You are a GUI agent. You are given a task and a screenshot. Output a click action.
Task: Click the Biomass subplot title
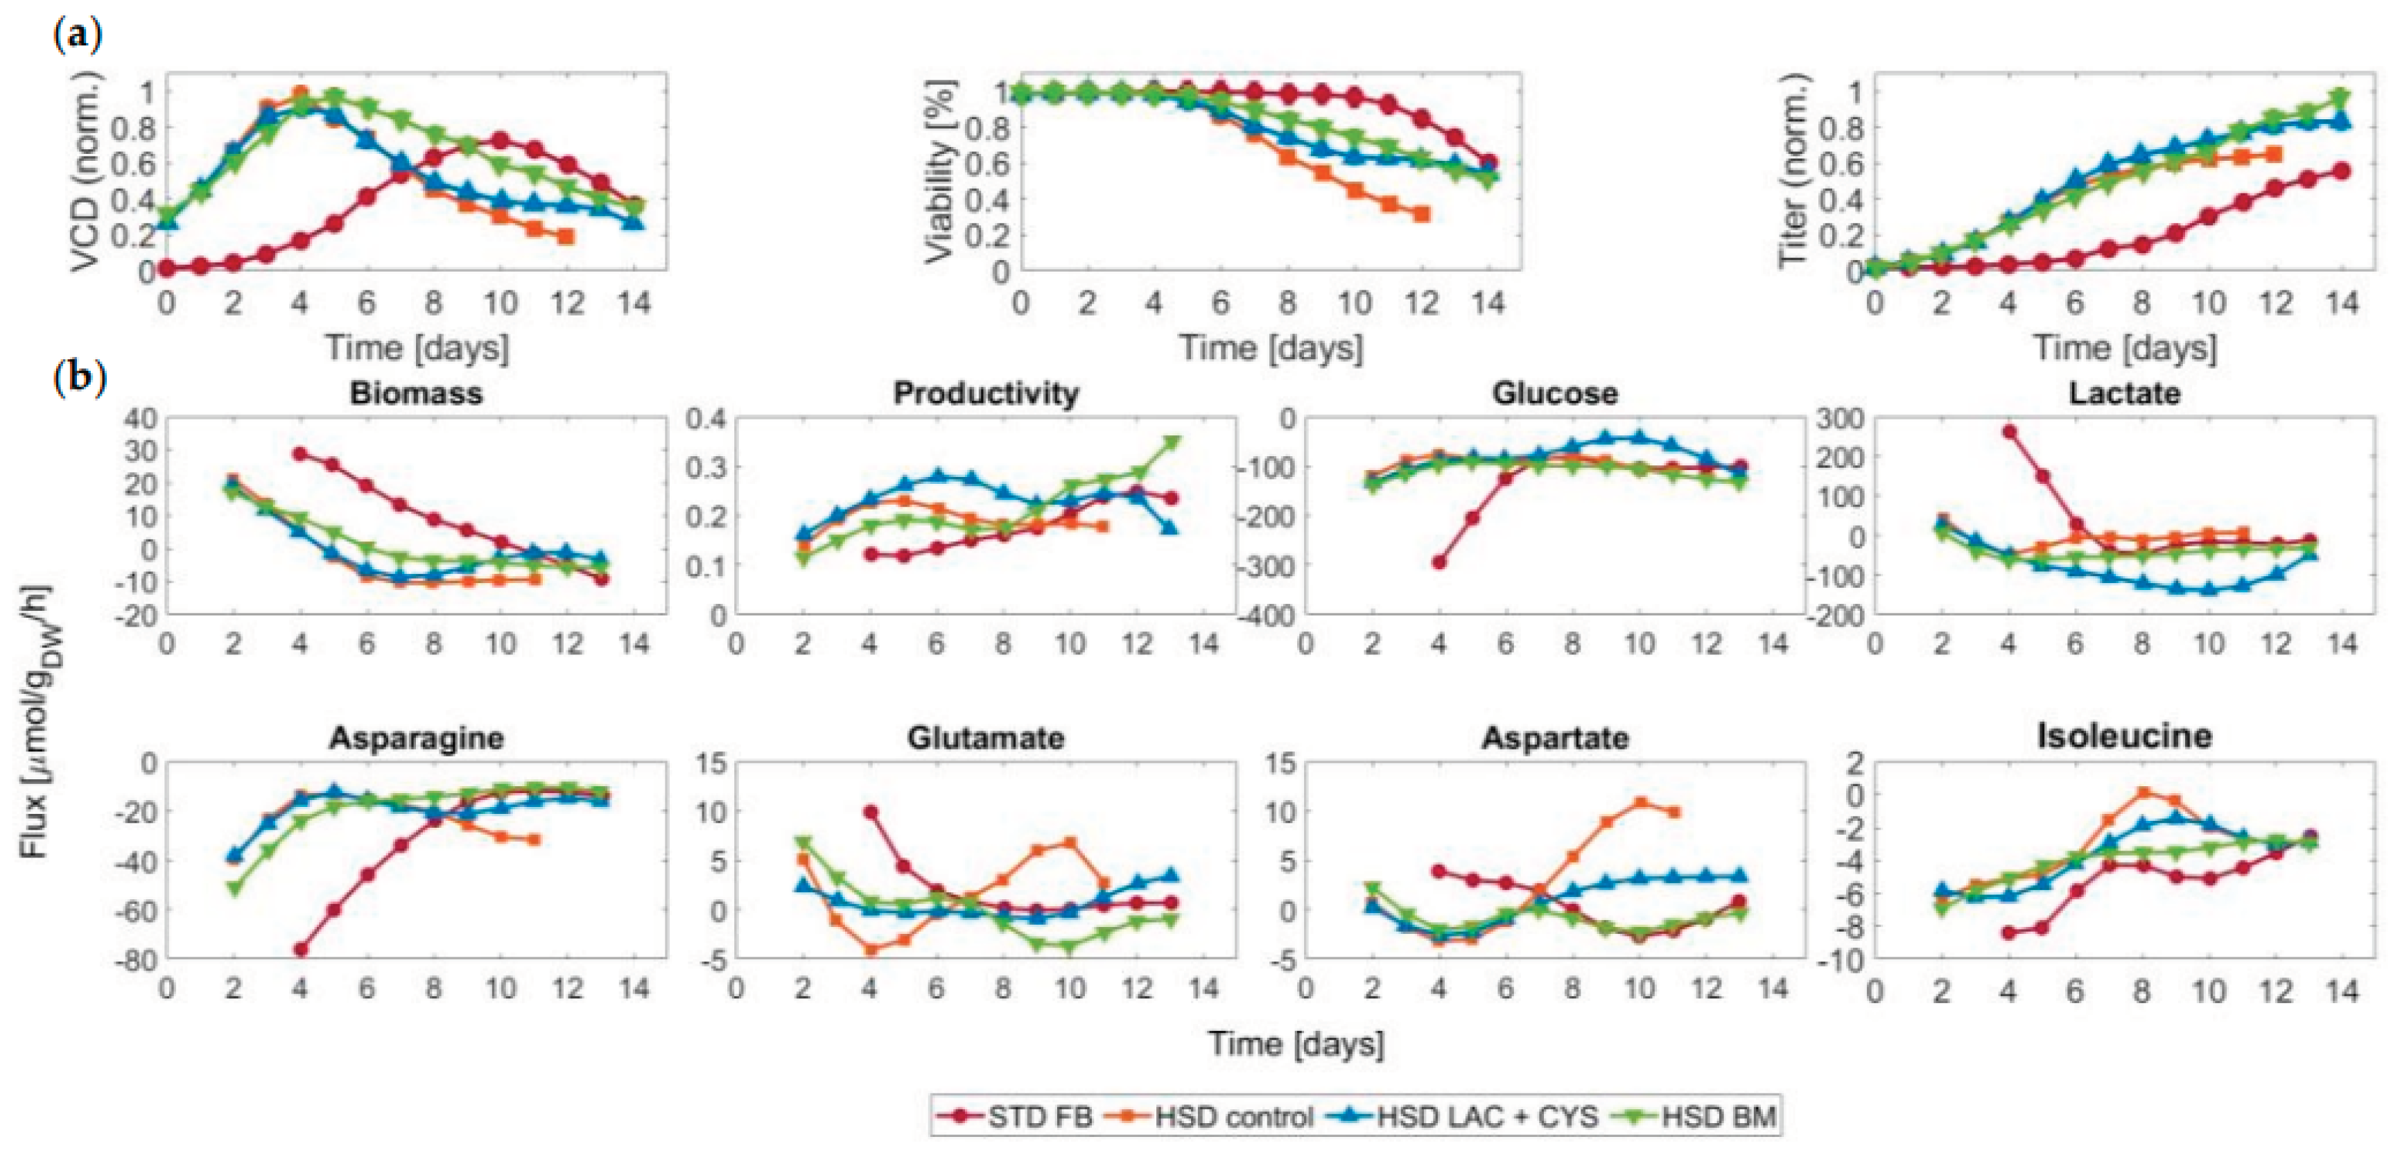point(416,394)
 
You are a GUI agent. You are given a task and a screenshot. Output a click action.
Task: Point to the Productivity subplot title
point(986,394)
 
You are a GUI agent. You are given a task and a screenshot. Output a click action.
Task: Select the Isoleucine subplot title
point(2125,736)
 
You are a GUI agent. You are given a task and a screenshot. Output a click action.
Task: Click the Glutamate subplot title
point(986,738)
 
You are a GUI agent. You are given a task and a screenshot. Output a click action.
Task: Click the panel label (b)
point(80,379)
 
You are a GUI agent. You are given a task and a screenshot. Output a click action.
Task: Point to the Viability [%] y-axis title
point(941,173)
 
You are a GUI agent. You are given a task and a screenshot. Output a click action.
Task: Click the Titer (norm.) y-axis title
point(1795,173)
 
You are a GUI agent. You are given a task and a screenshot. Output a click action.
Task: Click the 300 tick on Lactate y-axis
point(1838,419)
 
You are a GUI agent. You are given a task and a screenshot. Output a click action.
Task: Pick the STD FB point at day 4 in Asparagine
point(299,950)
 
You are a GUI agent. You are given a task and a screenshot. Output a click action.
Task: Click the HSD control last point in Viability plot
point(1421,214)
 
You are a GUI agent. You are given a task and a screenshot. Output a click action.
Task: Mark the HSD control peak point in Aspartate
point(1640,803)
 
